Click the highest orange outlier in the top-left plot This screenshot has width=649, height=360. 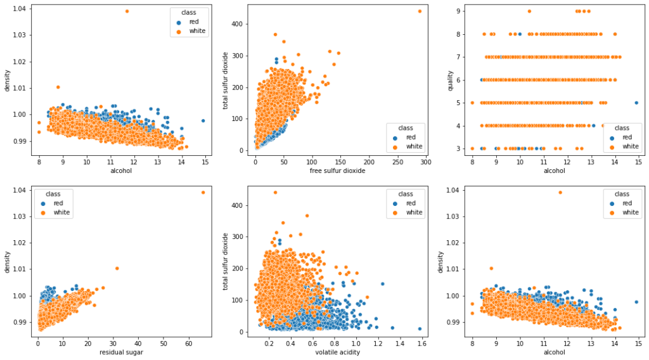tap(127, 11)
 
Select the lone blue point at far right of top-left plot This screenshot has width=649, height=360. tap(203, 120)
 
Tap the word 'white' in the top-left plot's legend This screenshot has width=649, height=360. tap(197, 31)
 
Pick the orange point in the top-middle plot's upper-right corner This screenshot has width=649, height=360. tap(420, 11)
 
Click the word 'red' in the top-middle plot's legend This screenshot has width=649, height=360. tap(411, 137)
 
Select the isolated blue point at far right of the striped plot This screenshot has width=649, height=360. tap(636, 103)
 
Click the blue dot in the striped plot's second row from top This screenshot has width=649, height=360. tap(520, 34)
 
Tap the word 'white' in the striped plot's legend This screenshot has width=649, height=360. tap(630, 146)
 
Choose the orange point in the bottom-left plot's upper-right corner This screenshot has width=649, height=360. tap(203, 192)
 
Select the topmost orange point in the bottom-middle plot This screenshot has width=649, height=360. tap(275, 192)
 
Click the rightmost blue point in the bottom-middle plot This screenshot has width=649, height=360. tap(420, 328)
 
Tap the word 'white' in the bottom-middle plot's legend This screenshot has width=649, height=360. tap(414, 212)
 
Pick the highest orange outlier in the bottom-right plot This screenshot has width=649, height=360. tap(560, 192)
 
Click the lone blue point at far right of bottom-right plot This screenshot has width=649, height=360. tap(636, 302)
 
